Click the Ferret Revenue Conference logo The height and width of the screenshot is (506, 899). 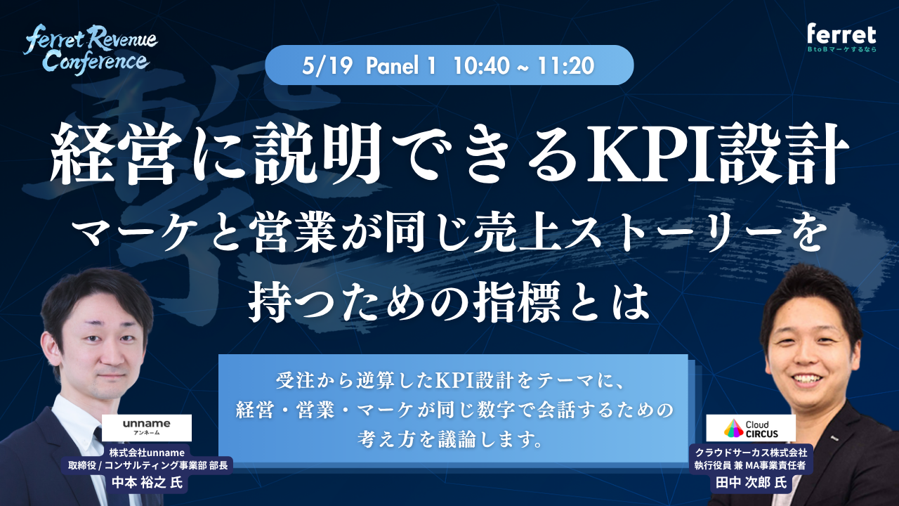click(x=91, y=49)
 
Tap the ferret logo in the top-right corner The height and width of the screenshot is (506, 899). click(x=841, y=39)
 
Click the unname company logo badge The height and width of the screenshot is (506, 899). click(x=146, y=427)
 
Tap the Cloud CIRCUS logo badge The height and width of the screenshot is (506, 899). click(x=751, y=427)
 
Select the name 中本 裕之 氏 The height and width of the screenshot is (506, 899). click(x=145, y=483)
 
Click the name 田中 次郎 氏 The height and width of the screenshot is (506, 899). click(x=751, y=484)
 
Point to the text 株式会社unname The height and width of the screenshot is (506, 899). click(x=146, y=451)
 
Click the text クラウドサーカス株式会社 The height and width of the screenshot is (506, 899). click(x=752, y=451)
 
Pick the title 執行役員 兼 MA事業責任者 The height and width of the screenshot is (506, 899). click(x=752, y=465)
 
